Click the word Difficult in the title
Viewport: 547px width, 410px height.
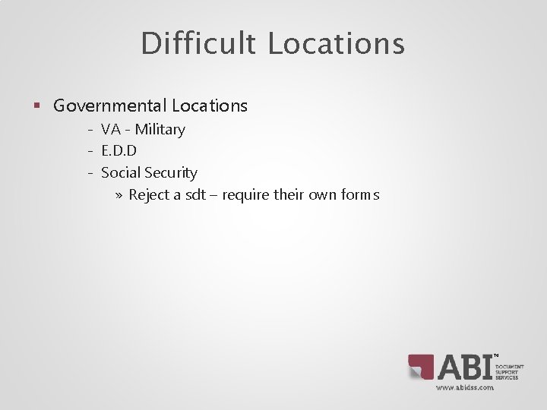(x=198, y=43)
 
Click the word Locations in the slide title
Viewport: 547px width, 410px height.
(x=336, y=43)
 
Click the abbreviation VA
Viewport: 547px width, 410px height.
(x=111, y=130)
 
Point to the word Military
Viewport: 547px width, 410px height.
(x=160, y=130)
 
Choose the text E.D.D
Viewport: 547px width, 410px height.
(x=119, y=151)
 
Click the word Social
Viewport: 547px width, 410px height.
(x=119, y=173)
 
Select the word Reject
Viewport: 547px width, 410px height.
(x=150, y=195)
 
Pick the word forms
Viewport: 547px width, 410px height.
(x=361, y=195)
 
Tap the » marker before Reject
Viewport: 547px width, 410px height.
(x=120, y=195)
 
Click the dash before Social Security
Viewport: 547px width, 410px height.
(x=90, y=173)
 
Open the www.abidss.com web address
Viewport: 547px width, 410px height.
(x=464, y=387)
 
